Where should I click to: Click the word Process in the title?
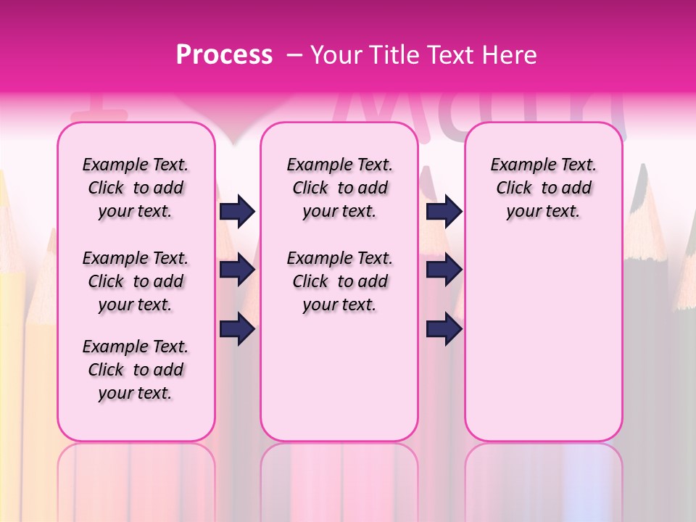[224, 54]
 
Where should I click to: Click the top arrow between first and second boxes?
[237, 211]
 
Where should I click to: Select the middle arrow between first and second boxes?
[237, 270]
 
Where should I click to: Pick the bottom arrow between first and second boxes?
[237, 329]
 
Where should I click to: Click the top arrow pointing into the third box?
[444, 211]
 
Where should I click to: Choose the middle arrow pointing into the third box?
[444, 270]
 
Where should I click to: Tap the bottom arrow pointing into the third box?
[444, 329]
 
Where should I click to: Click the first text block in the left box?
[136, 188]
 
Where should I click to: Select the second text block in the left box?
[136, 281]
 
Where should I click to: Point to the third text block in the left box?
[136, 370]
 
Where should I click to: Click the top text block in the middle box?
[339, 188]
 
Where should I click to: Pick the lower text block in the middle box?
[339, 281]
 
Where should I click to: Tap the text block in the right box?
[543, 188]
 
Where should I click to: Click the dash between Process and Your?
[294, 55]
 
